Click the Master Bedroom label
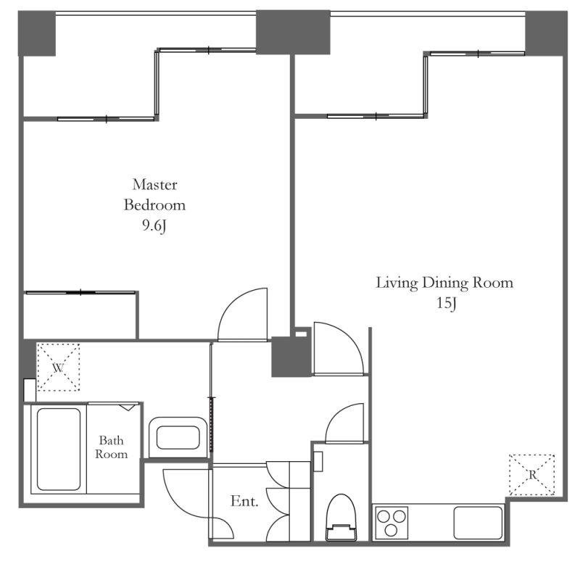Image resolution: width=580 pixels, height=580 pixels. point(154,194)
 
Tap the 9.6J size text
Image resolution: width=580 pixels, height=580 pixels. point(154,225)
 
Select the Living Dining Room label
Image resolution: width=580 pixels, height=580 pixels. point(444,283)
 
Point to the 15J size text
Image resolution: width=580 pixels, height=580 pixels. point(447,303)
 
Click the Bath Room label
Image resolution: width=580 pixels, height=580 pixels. point(112,447)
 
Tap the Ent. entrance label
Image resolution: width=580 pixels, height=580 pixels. point(244,501)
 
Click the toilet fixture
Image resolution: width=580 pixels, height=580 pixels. point(341,518)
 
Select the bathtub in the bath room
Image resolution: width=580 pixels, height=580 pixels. point(59,449)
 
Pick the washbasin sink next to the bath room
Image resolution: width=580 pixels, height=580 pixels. point(178,438)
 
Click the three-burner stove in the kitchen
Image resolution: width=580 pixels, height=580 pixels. point(391,523)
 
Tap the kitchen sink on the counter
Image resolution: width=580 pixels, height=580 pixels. point(478,523)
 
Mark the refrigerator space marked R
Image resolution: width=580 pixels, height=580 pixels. point(532,475)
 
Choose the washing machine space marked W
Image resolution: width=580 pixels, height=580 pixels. point(59,368)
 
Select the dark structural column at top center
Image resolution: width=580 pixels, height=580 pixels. point(293,32)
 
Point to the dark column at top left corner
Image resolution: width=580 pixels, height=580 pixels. point(37,33)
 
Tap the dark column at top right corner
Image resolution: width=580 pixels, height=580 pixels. point(547,33)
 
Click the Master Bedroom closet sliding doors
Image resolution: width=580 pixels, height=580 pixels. point(80,293)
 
